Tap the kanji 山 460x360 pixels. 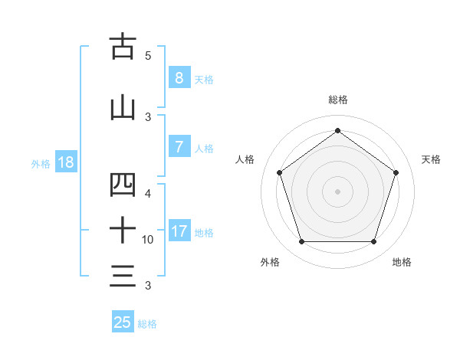tap(123, 108)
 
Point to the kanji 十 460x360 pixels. tap(123, 229)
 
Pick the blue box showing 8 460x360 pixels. tap(179, 78)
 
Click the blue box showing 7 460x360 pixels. tap(179, 148)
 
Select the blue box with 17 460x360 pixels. tap(179, 231)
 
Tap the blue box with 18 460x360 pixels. tap(64, 163)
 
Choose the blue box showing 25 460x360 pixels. tap(123, 322)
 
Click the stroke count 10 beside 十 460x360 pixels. tap(148, 240)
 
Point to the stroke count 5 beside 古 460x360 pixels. tap(148, 56)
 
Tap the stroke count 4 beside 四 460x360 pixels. tap(148, 194)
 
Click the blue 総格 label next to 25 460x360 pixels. tap(147, 324)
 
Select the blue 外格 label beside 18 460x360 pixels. tap(41, 164)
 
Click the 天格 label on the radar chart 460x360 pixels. tap(431, 159)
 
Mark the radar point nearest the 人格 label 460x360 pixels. tap(279, 172)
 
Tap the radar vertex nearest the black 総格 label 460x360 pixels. tap(337, 130)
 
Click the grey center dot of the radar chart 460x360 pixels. tap(337, 191)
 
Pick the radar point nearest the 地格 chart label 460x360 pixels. tap(373, 241)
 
